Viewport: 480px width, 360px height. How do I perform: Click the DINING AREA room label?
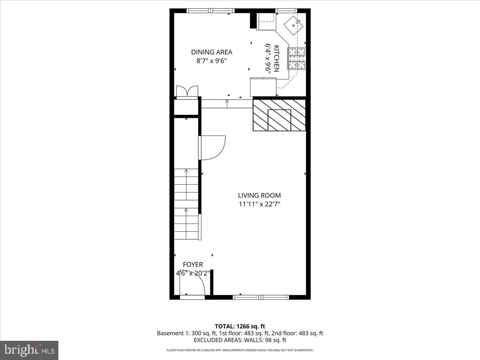(212, 52)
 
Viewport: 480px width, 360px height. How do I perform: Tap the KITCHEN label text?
(276, 58)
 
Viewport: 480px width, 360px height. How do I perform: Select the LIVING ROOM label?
(259, 196)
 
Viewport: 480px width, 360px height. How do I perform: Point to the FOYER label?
(193, 265)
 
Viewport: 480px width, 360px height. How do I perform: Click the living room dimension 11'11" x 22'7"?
(259, 204)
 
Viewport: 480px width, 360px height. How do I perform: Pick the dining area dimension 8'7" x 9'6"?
(212, 61)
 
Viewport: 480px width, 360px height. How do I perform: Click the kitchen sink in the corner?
(294, 25)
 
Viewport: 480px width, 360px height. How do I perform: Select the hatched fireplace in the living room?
(279, 115)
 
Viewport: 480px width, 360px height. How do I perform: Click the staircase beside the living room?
(186, 204)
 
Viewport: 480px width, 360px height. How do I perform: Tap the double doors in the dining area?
(187, 91)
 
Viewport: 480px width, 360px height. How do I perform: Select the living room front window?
(261, 297)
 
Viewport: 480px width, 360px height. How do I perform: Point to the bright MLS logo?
(29, 350)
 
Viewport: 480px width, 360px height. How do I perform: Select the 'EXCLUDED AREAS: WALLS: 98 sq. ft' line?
(240, 340)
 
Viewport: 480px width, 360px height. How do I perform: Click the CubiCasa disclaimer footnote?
(240, 350)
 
